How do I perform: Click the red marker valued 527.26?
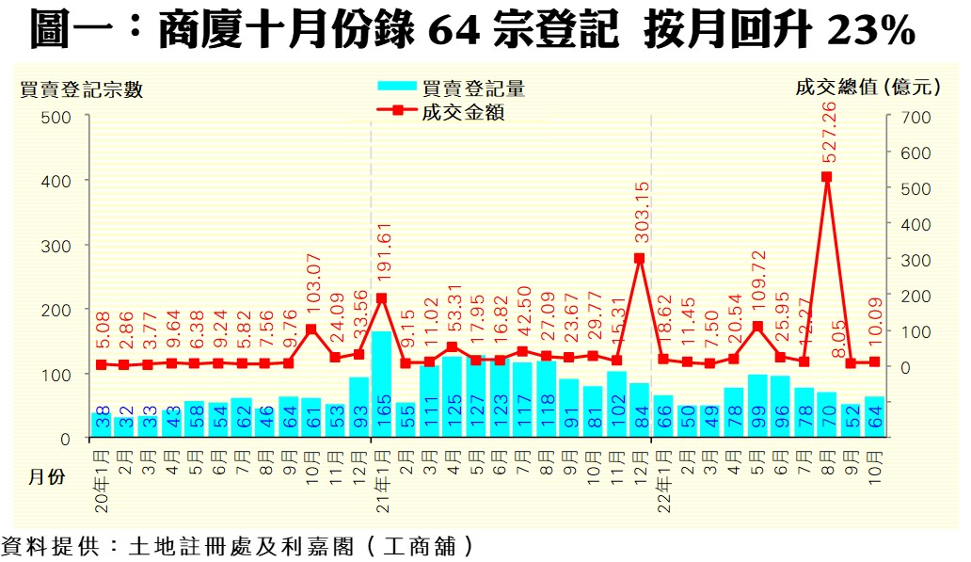coord(827,176)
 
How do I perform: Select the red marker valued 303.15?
coord(640,258)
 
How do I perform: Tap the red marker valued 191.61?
coord(381,298)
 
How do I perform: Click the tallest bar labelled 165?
coord(381,384)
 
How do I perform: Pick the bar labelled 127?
coord(475,396)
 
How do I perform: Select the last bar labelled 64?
coord(874,417)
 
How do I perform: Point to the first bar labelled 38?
coord(102,426)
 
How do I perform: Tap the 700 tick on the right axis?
coord(915,117)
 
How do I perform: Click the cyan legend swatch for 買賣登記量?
coord(396,88)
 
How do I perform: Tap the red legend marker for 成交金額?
coord(396,111)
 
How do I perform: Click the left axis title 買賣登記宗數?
coord(82,89)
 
